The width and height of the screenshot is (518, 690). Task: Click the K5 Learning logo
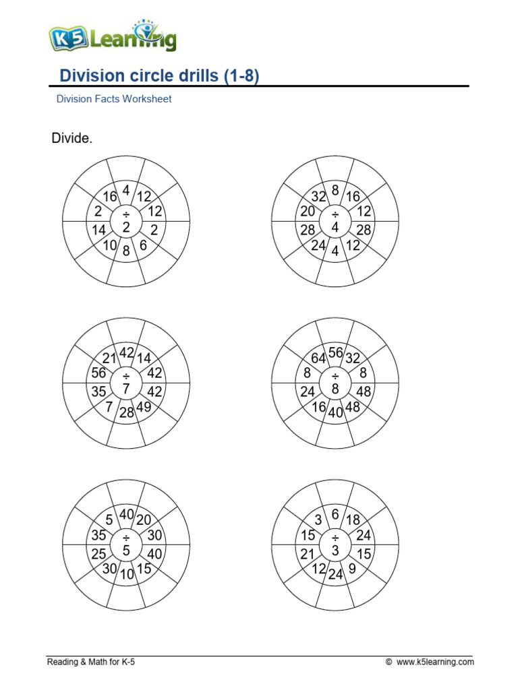click(112, 38)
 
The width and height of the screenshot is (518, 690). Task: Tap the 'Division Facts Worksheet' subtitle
click(113, 99)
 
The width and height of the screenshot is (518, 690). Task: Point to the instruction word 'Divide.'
click(72, 139)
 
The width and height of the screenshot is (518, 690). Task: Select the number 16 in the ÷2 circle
click(110, 196)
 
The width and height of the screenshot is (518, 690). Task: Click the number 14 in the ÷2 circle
click(98, 230)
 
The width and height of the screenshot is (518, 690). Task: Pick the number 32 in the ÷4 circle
click(319, 196)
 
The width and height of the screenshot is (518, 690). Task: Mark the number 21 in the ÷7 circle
click(110, 358)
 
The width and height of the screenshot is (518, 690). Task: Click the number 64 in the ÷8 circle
click(319, 358)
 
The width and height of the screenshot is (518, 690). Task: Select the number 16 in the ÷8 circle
click(319, 407)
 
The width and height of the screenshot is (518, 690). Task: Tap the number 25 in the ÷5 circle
click(98, 554)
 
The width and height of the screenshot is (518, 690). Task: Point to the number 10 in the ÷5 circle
click(127, 575)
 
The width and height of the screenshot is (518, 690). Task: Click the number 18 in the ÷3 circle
click(352, 520)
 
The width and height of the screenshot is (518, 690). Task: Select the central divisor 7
click(126, 388)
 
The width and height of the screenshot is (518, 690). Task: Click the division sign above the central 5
click(126, 537)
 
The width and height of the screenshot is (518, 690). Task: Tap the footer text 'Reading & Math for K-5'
click(91, 662)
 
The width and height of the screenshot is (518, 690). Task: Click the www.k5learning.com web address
click(435, 662)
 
